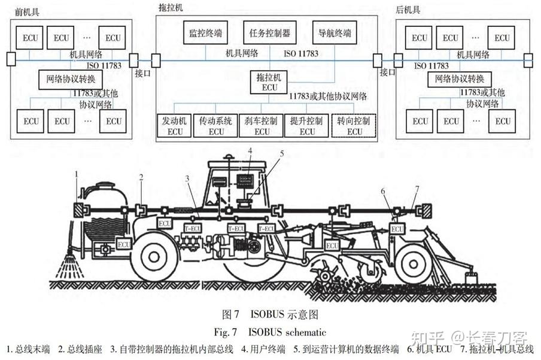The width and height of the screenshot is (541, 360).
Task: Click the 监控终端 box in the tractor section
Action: pyautogui.click(x=205, y=33)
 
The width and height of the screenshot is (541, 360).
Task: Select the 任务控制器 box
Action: pyautogui.click(x=269, y=33)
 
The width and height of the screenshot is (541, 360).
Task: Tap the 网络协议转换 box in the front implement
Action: pyautogui.click(x=71, y=78)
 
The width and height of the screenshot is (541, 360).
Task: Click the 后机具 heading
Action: pyautogui.click(x=408, y=10)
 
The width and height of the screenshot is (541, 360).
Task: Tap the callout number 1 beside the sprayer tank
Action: pyautogui.click(x=77, y=174)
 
